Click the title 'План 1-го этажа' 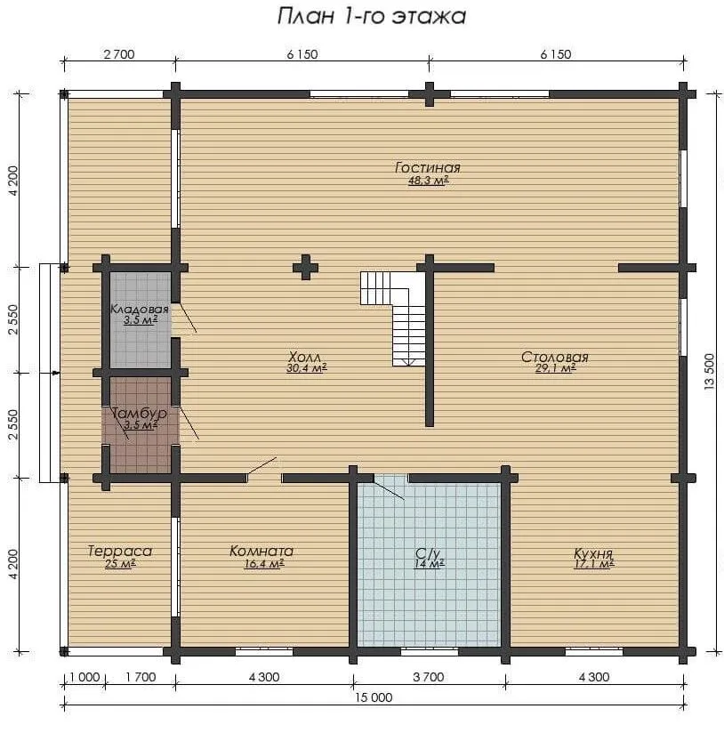pyautogui.click(x=372, y=16)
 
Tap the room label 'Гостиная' pyautogui.click(x=428, y=168)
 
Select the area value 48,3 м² pyautogui.click(x=428, y=181)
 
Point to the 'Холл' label pyautogui.click(x=305, y=357)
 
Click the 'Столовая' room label pyautogui.click(x=555, y=357)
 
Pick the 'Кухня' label pyautogui.click(x=593, y=553)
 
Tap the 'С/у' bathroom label pyautogui.click(x=428, y=553)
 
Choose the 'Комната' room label pyautogui.click(x=261, y=551)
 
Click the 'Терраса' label pyautogui.click(x=120, y=551)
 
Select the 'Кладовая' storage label pyautogui.click(x=140, y=310)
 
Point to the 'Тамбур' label pyautogui.click(x=139, y=414)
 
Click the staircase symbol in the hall pyautogui.click(x=393, y=318)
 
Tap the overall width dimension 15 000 pyautogui.click(x=374, y=697)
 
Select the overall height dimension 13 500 pyautogui.click(x=710, y=372)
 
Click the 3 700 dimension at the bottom pyautogui.click(x=429, y=677)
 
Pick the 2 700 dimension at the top pyautogui.click(x=119, y=54)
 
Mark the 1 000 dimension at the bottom pyautogui.click(x=84, y=677)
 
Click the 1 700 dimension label pyautogui.click(x=141, y=677)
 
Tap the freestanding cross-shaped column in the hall pyautogui.click(x=305, y=268)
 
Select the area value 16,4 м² pyautogui.click(x=264, y=563)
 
